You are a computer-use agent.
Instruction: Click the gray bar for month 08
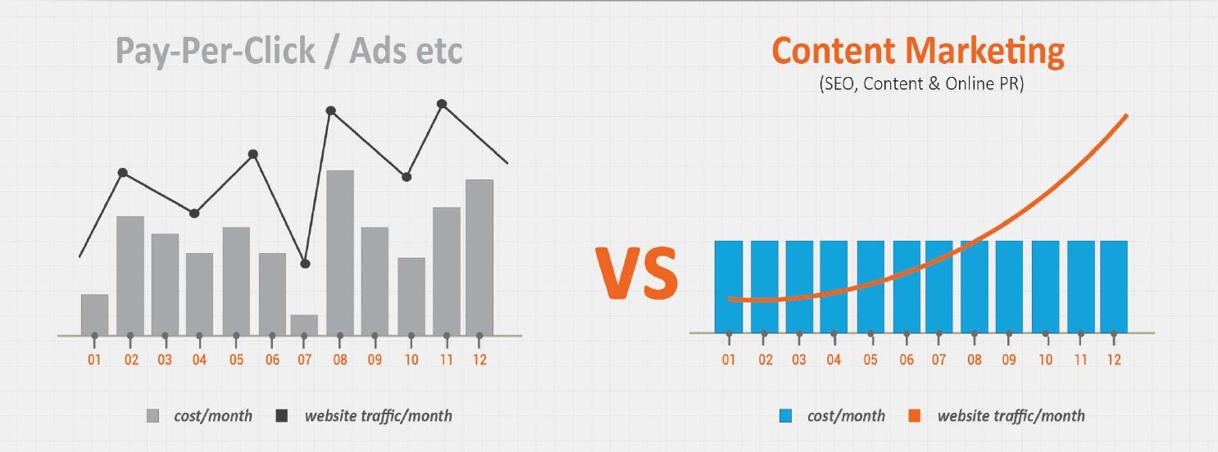click(x=340, y=253)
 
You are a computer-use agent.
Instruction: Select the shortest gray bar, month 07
click(x=305, y=325)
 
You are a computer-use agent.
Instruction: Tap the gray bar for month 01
click(x=94, y=315)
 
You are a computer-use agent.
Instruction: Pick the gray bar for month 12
click(x=479, y=257)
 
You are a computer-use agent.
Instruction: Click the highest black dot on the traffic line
click(x=442, y=104)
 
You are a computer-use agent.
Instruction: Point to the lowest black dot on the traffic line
click(x=305, y=264)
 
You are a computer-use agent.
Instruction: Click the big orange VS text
click(x=637, y=273)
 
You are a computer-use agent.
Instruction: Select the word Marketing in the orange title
click(x=984, y=52)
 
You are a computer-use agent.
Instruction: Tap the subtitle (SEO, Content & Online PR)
click(x=921, y=84)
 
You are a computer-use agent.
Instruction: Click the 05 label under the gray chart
click(x=236, y=359)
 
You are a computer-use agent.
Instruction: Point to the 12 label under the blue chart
click(x=1114, y=359)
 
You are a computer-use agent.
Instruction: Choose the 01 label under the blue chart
click(x=729, y=359)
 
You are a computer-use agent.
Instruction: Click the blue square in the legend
click(x=785, y=416)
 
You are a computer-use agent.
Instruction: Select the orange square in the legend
click(x=915, y=416)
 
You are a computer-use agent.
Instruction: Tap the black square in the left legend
click(x=282, y=416)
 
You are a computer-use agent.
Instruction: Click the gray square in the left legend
click(x=152, y=416)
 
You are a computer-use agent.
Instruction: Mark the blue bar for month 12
click(x=1114, y=287)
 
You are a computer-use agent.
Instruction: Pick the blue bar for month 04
click(x=834, y=287)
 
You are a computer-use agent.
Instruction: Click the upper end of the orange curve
click(x=1127, y=115)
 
